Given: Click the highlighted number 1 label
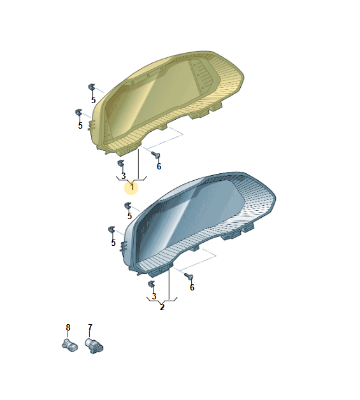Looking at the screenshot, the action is tap(132, 187).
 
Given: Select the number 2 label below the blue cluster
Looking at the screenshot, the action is tap(162, 307).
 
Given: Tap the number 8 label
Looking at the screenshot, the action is tap(68, 327).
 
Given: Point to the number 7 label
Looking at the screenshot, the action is tap(90, 327).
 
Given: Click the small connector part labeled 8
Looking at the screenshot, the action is tap(69, 345).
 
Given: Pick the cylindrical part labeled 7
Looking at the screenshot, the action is tap(94, 345).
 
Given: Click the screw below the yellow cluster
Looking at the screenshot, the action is tap(155, 155).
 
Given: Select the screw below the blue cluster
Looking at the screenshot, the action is tap(189, 276).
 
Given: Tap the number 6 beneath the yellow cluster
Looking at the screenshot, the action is tap(159, 166).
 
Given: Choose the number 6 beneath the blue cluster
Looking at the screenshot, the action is tap(192, 287).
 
